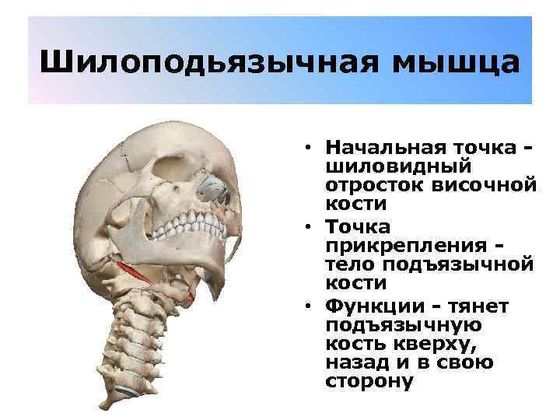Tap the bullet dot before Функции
tap(309, 306)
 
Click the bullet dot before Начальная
tap(309, 148)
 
